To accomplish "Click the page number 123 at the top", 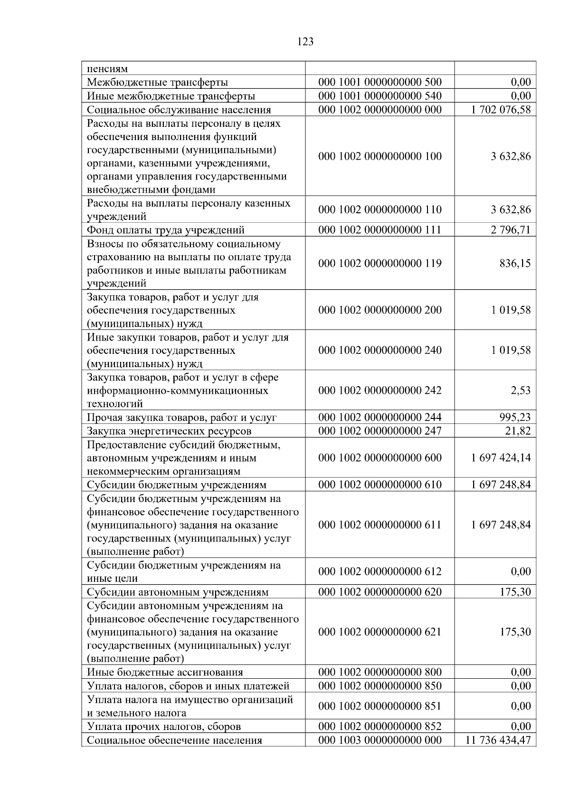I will [305, 42].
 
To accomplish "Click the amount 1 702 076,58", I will [501, 110].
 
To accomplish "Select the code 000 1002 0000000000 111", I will [380, 230].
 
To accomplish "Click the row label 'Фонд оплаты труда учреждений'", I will [165, 230].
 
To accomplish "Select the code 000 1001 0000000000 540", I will [380, 96].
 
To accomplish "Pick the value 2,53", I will [521, 390].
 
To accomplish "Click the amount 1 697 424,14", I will [501, 458].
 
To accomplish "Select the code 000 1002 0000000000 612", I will [380, 571].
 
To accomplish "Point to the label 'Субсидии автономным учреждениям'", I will [177, 592].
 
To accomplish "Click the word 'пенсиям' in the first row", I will [107, 69].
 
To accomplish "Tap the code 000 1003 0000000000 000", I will [380, 740].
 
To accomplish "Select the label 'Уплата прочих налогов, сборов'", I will [164, 727].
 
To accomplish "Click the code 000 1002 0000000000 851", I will [380, 706].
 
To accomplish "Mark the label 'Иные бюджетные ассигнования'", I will [165, 673].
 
